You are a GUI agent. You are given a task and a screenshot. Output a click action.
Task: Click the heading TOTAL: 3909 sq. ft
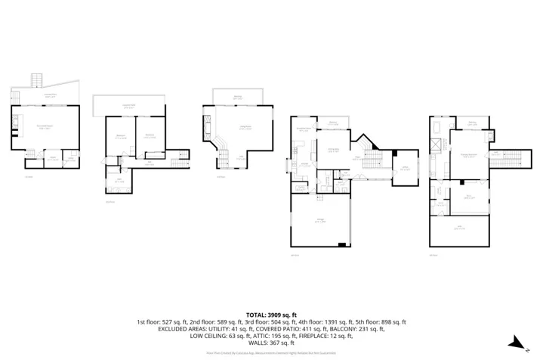pos(271,314)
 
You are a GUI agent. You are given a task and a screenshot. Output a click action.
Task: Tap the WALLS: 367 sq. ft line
pos(271,342)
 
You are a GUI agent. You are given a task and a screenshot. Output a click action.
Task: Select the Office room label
pos(404,169)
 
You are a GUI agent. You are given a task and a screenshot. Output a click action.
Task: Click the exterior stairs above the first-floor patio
pos(34,80)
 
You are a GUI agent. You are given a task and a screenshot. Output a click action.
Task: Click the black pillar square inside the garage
pos(342,244)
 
